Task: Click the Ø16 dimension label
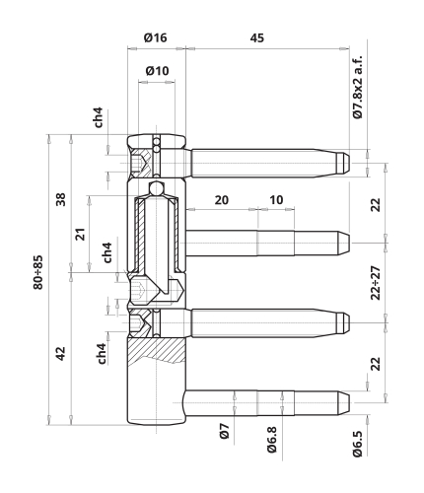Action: [155, 37]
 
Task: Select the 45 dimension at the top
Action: [256, 38]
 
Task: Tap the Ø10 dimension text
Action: [157, 71]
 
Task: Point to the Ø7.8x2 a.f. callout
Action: [357, 87]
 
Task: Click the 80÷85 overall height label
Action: [37, 272]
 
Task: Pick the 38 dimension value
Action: [60, 199]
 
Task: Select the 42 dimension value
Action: [60, 353]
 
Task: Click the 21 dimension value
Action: [80, 234]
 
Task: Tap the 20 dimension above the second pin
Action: [222, 200]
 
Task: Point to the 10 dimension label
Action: [276, 200]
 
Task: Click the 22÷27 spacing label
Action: [376, 283]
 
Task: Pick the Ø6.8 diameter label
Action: [272, 440]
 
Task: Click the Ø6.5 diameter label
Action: [358, 444]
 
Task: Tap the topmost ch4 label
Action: [98, 117]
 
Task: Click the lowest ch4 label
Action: [102, 354]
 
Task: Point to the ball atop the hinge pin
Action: [156, 188]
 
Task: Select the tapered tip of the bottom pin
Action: [344, 403]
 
